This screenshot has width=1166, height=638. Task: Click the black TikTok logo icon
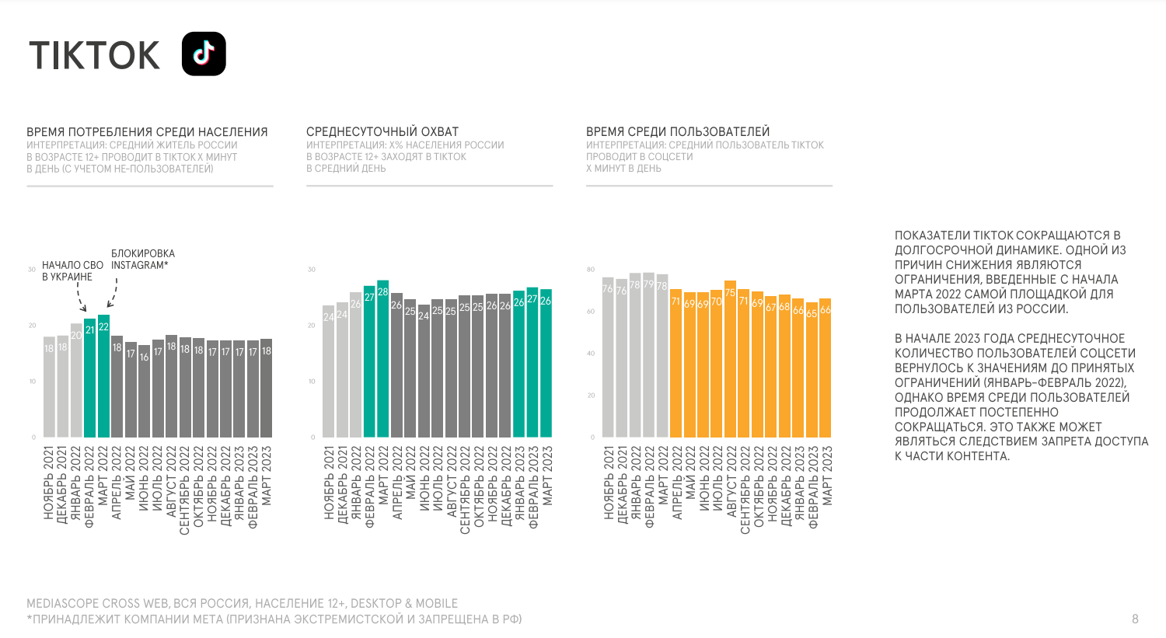pyautogui.click(x=204, y=54)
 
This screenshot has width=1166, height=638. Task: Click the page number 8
pyautogui.click(x=1135, y=619)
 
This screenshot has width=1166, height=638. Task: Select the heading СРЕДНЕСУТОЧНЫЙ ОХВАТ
pyautogui.click(x=382, y=132)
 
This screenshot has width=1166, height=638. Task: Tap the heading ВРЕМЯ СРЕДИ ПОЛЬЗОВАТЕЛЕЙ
pyautogui.click(x=678, y=132)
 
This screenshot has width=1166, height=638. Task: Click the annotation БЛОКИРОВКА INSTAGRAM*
pyautogui.click(x=142, y=260)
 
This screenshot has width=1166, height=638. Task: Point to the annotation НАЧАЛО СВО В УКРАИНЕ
pyautogui.click(x=72, y=271)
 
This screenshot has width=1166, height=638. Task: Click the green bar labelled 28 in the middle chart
pyautogui.click(x=382, y=358)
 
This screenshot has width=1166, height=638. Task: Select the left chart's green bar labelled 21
pyautogui.click(x=90, y=378)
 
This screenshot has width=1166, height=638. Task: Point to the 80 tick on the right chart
pyautogui.click(x=591, y=270)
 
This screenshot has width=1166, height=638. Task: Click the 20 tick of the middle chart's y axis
pyautogui.click(x=312, y=326)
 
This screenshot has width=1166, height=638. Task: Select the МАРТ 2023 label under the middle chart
pyautogui.click(x=546, y=476)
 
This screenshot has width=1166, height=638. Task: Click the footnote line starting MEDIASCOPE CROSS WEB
pyautogui.click(x=242, y=603)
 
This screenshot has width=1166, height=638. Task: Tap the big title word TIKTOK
pyautogui.click(x=94, y=56)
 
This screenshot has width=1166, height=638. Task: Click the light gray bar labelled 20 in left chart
pyautogui.click(x=76, y=380)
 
